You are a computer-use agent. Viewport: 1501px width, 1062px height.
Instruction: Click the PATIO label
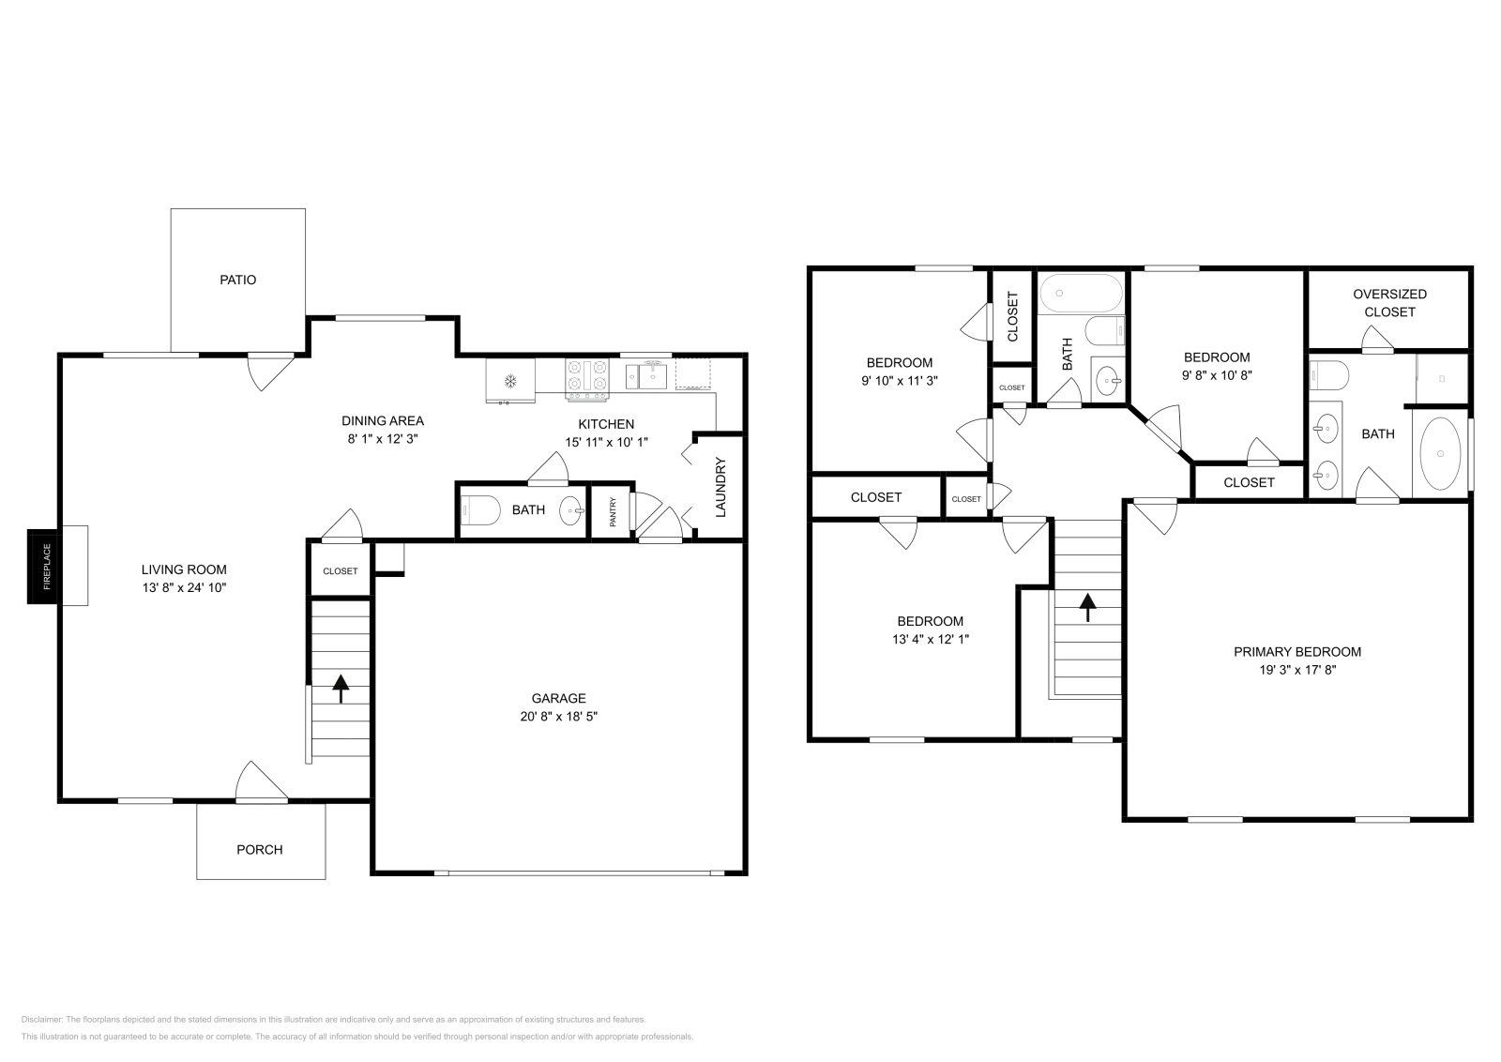pos(238,281)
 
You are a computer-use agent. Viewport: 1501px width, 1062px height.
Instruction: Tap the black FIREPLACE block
pos(45,566)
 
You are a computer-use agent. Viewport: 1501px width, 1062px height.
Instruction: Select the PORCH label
pos(259,850)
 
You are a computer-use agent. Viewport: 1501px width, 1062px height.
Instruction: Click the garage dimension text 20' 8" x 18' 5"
pos(558,716)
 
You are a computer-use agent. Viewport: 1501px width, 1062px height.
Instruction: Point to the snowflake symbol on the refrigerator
pos(510,382)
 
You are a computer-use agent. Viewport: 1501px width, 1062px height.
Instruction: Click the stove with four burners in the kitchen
pos(587,380)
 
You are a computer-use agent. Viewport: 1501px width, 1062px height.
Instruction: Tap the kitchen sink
pos(646,375)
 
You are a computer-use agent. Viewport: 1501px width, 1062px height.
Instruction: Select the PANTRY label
pos(613,511)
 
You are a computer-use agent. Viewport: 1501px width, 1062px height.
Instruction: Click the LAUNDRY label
pos(721,487)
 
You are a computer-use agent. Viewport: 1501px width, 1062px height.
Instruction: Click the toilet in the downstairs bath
pos(480,510)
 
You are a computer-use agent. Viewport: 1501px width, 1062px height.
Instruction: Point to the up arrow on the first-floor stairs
pos(341,689)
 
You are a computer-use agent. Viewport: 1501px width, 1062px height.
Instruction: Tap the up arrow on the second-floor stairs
pos(1087,607)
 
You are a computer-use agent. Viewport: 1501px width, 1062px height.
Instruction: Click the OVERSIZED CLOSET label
pos(1389,303)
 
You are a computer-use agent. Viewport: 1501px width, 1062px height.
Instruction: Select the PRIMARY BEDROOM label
pos(1297,652)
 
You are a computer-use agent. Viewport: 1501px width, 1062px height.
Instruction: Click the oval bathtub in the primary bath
pos(1440,454)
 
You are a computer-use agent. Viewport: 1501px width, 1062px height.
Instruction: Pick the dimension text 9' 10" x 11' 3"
pos(900,381)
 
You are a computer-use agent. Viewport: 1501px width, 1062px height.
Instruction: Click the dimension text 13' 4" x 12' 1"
pos(930,639)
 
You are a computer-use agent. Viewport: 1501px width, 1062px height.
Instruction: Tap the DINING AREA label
pos(383,421)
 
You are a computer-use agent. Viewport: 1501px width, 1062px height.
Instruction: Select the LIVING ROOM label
pos(184,569)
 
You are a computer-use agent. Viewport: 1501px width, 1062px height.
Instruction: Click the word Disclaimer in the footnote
pos(41,1019)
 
